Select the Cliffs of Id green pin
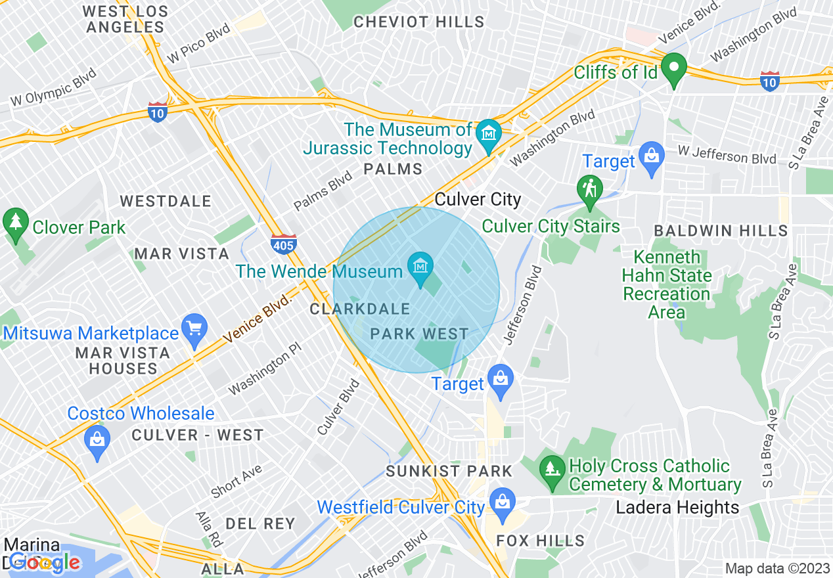[x=673, y=68]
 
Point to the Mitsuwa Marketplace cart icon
[x=194, y=327]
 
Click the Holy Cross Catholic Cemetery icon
[x=552, y=469]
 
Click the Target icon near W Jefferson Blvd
[x=652, y=156]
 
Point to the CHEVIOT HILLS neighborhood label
[x=419, y=22]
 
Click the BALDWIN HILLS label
[x=721, y=231]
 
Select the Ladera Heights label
[x=677, y=508]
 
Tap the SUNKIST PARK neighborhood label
[x=449, y=471]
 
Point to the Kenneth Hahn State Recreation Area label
[x=667, y=284]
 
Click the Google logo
[x=45, y=562]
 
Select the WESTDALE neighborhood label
[x=166, y=201]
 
